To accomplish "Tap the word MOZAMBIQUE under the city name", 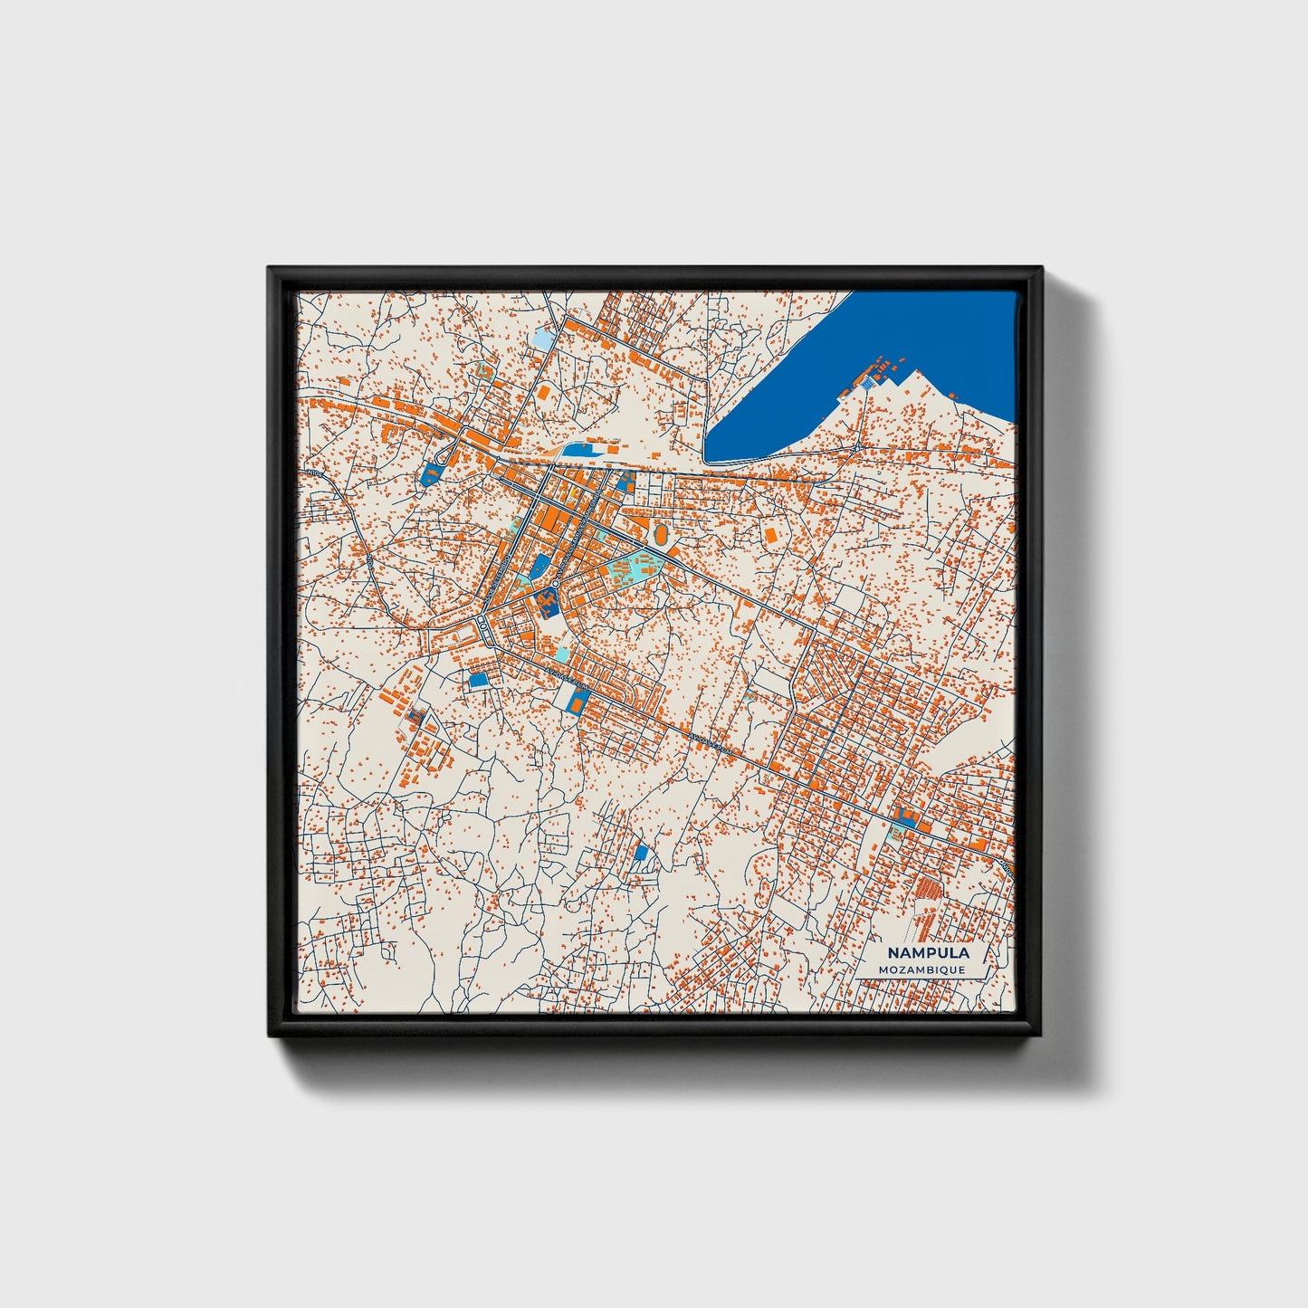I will coord(921,969).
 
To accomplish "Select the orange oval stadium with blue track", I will coord(662,536).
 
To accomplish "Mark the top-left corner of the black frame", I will coord(269,268).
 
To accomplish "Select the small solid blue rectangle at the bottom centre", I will coord(641,852).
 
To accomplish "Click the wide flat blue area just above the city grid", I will coord(579,449).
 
